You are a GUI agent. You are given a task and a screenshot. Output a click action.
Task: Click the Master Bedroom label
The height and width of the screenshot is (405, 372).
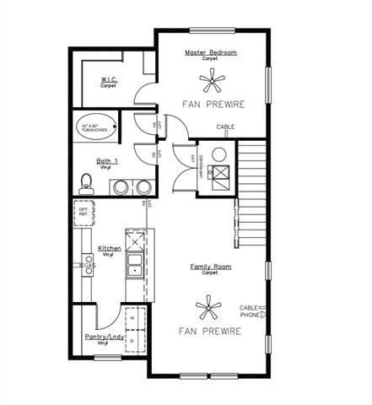pyautogui.click(x=210, y=52)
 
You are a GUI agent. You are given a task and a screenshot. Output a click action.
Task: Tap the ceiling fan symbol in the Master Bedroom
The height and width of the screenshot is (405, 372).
pyautogui.click(x=210, y=82)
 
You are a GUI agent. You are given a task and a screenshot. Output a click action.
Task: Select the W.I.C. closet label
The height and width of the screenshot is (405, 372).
pyautogui.click(x=109, y=80)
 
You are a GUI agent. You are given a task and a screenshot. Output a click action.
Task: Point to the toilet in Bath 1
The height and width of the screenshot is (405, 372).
pyautogui.click(x=85, y=181)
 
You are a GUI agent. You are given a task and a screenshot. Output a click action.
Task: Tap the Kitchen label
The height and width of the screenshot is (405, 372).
pyautogui.click(x=110, y=249)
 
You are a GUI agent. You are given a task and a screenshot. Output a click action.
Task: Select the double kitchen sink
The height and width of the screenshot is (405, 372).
pyautogui.click(x=134, y=271)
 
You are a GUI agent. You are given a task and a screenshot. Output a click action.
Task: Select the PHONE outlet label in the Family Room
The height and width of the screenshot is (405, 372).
pyautogui.click(x=250, y=315)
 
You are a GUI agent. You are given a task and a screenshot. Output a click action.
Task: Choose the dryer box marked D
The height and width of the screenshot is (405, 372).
pyautogui.click(x=132, y=341)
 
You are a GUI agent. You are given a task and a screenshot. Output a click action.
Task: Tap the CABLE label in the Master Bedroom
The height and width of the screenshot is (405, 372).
pyautogui.click(x=225, y=127)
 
